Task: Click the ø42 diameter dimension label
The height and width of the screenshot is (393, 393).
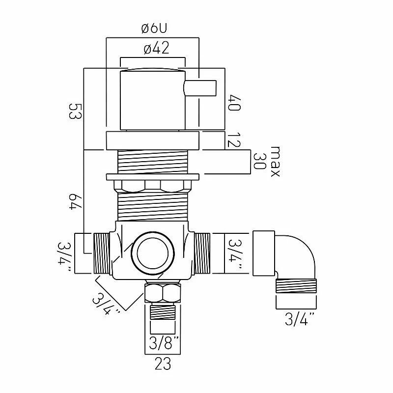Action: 156,48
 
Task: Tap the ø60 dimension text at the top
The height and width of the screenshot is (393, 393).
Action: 154,29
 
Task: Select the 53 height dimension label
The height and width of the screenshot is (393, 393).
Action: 75,112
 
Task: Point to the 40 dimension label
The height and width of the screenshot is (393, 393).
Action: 234,103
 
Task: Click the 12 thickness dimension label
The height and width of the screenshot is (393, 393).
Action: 234,140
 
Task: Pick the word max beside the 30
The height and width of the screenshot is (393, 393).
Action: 275,162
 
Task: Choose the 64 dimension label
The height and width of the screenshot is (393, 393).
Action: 75,201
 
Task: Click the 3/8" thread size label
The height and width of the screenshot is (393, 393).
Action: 164,342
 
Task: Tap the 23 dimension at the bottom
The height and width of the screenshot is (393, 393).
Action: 163,364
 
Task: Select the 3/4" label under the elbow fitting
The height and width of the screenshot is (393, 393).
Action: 300,319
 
